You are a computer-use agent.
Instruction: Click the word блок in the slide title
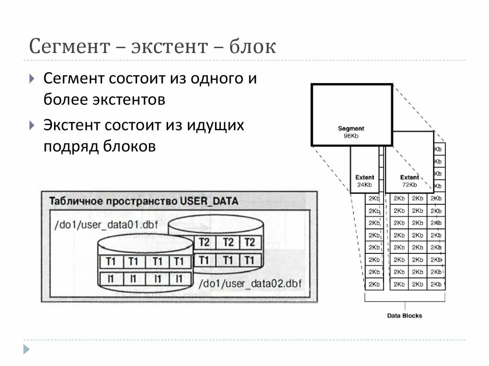[253, 47]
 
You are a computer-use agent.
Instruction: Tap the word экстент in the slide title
[170, 47]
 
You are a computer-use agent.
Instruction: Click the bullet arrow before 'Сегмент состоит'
[32, 79]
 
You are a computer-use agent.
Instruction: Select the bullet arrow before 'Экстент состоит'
[32, 125]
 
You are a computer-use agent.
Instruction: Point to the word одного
[213, 79]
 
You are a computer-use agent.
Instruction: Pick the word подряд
[71, 146]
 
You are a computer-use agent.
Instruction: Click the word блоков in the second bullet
[129, 146]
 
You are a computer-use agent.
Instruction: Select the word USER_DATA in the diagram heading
[209, 201]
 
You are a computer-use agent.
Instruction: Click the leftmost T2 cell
[204, 242]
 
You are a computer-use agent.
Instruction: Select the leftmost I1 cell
[110, 278]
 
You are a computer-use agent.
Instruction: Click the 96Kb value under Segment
[351, 136]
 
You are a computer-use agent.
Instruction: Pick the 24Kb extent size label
[364, 185]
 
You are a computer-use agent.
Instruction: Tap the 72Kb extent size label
[409, 185]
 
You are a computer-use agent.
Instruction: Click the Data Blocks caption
[404, 315]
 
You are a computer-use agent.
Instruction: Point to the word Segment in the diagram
[351, 128]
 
